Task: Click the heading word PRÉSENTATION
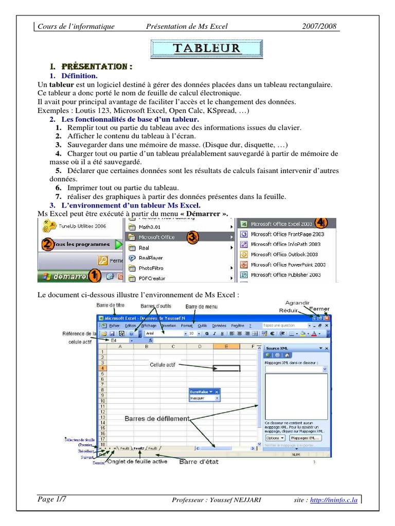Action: tap(96, 67)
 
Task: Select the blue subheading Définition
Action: tap(79, 76)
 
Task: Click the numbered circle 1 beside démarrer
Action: tap(94, 276)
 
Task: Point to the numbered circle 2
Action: tap(47, 245)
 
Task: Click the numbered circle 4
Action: tap(321, 222)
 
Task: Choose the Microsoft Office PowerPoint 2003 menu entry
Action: tap(288, 265)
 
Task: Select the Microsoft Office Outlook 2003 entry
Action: tap(284, 254)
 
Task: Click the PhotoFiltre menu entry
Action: tap(150, 268)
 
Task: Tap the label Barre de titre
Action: tap(111, 305)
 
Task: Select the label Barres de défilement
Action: tap(157, 419)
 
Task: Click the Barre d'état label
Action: tap(199, 462)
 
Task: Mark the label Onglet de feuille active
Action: tap(136, 462)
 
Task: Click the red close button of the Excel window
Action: tap(327, 318)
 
